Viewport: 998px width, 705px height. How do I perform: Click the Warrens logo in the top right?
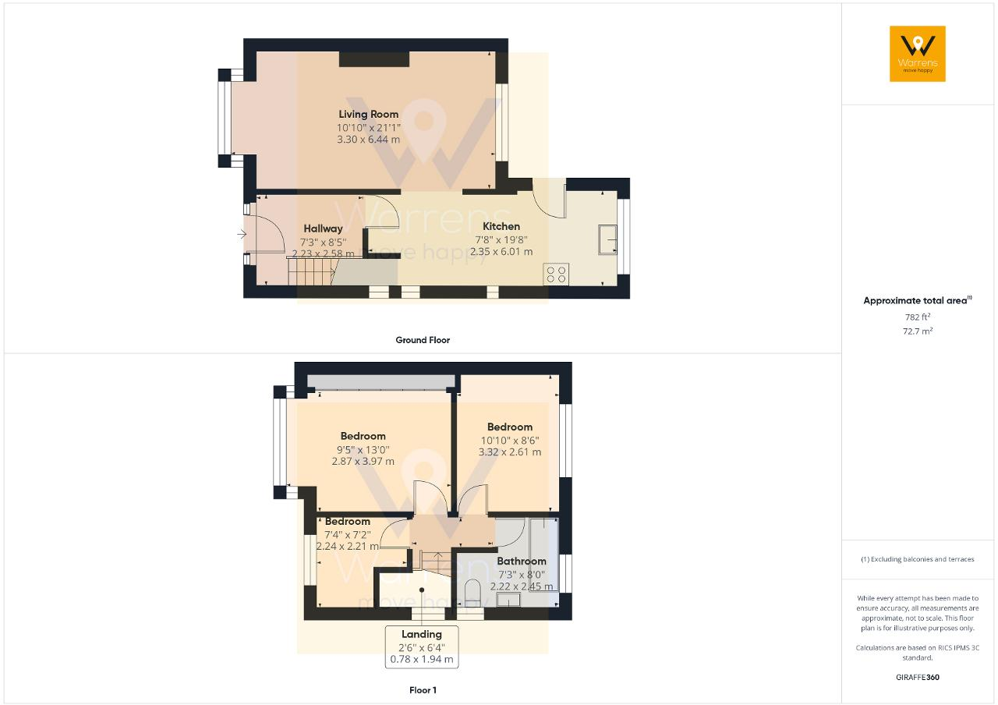click(917, 53)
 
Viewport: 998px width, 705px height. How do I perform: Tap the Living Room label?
click(369, 115)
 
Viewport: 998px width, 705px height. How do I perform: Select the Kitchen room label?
click(501, 226)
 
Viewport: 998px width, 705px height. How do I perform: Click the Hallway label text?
click(323, 229)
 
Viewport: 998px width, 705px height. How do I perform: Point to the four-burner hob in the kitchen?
click(557, 274)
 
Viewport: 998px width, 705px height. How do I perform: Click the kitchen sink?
click(607, 239)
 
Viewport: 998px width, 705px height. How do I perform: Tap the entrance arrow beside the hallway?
click(242, 232)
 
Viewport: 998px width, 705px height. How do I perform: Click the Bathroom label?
click(522, 561)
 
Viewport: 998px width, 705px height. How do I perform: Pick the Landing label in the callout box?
click(422, 634)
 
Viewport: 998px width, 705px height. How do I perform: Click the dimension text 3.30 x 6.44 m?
click(369, 140)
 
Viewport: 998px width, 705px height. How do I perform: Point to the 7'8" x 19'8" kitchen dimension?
click(501, 240)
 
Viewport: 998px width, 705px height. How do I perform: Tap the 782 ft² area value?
click(917, 317)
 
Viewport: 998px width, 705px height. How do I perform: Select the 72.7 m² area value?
click(917, 331)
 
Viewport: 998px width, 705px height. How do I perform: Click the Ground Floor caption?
click(423, 340)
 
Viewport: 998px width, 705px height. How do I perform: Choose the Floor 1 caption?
click(423, 690)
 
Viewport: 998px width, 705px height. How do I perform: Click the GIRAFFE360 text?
click(918, 677)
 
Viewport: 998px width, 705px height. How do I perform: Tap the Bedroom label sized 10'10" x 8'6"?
click(510, 427)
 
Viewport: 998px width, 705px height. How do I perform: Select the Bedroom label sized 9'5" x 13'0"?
click(363, 436)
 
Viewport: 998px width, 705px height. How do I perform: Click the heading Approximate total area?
click(915, 300)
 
